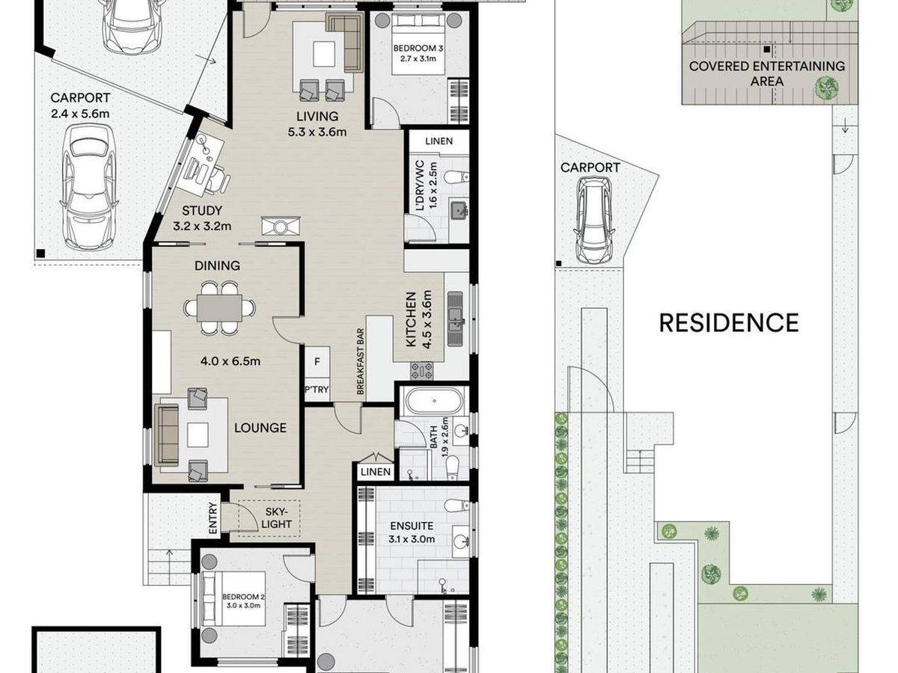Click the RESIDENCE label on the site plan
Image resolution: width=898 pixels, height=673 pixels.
pos(729,323)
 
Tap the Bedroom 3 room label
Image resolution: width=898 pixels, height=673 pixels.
pos(418,53)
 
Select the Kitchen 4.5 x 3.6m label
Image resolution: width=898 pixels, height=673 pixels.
pos(418,319)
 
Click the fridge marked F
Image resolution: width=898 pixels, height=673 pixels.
pos(317,362)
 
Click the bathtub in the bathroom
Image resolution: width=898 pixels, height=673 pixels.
pos(434,402)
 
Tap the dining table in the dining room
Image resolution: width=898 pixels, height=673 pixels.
pos(219,307)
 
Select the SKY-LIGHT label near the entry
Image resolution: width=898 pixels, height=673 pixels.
pos(276,517)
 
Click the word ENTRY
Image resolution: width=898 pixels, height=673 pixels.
pos(213,517)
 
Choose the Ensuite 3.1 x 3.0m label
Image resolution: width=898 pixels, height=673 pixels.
pos(412,532)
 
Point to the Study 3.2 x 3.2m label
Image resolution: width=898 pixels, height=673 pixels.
pos(202,218)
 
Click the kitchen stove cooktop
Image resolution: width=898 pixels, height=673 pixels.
pos(422,371)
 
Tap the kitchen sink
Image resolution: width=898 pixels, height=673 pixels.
pos(455,319)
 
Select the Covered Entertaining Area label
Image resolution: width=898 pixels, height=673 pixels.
pos(767,73)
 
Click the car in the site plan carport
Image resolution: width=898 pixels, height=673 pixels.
pos(594,220)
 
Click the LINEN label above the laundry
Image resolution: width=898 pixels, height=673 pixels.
pos(439,141)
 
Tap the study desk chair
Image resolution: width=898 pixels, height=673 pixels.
pos(218,180)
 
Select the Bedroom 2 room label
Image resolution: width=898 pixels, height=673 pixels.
pos(241,601)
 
